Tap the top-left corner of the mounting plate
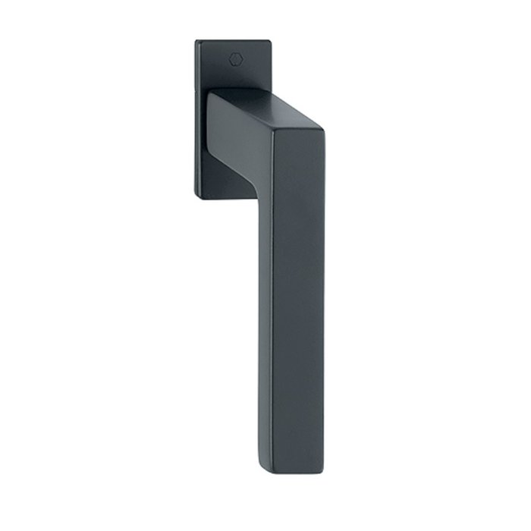(x=197, y=42)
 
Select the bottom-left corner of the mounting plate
(x=199, y=199)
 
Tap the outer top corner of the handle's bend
(x=322, y=137)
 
